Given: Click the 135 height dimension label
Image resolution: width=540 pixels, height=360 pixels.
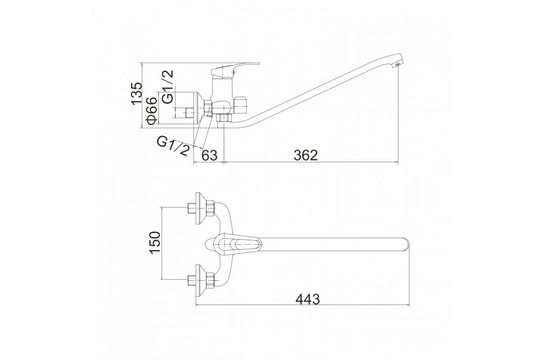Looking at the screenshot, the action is (x=136, y=94).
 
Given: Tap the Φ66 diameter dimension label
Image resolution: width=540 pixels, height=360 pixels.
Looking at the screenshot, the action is (x=152, y=111).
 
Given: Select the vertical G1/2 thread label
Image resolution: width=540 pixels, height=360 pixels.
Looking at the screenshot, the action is (x=168, y=87).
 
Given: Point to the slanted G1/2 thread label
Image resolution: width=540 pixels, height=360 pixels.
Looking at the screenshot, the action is (x=173, y=146).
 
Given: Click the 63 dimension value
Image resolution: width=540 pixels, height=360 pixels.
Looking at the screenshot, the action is (x=209, y=156).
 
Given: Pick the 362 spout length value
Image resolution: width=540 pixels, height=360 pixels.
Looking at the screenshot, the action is (x=306, y=156).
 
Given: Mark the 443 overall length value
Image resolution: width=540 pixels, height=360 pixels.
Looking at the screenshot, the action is (x=308, y=300).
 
